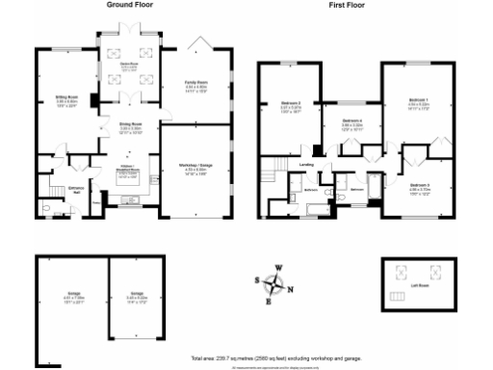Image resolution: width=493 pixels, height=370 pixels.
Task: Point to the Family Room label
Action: pos(196,84)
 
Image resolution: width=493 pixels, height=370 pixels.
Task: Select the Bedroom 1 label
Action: pos(417,99)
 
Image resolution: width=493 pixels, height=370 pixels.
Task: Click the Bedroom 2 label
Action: pos(292,103)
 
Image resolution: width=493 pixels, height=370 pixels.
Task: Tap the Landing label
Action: pos(307,164)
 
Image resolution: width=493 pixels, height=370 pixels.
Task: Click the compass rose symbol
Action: pos(276,283)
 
